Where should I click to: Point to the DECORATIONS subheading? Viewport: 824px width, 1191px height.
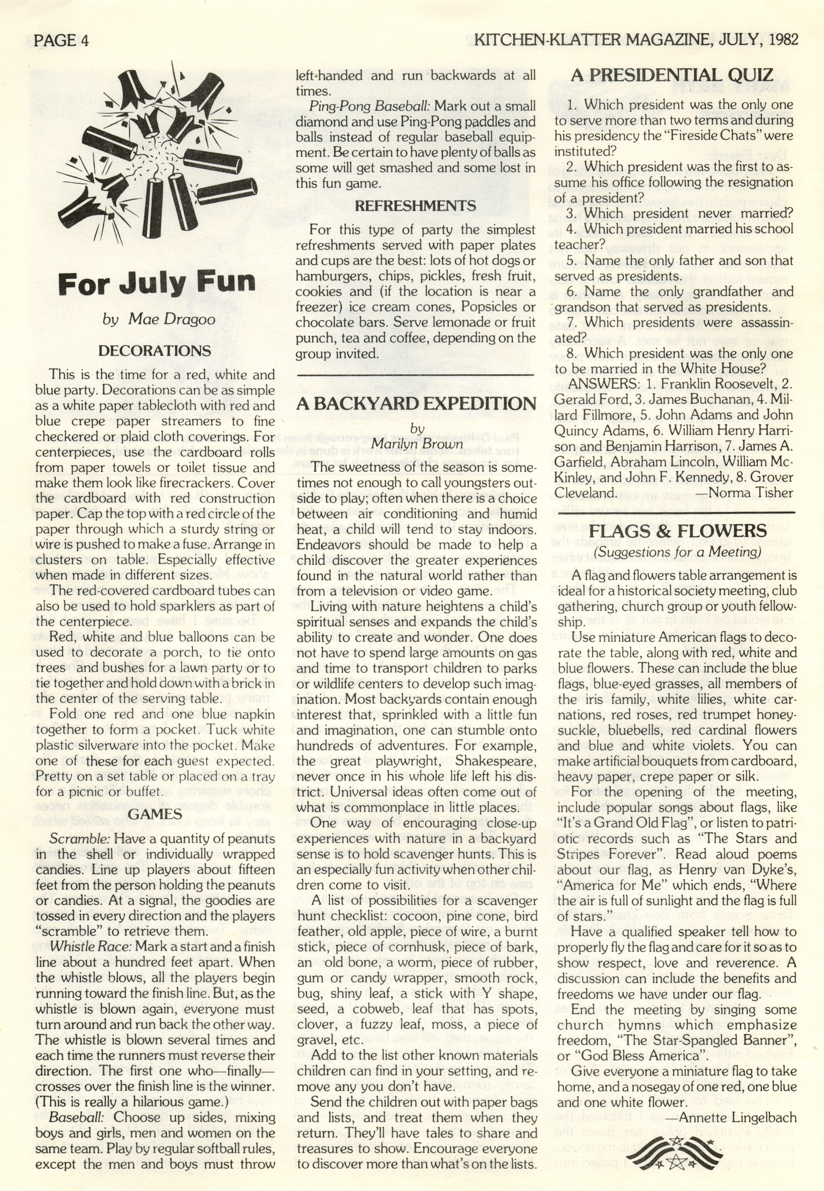pyautogui.click(x=155, y=351)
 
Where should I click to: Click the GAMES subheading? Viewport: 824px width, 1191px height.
pyautogui.click(x=155, y=814)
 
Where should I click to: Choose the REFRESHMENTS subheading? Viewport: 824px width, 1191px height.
pyautogui.click(x=415, y=206)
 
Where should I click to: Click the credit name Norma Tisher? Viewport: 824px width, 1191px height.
pyautogui.click(x=751, y=493)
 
